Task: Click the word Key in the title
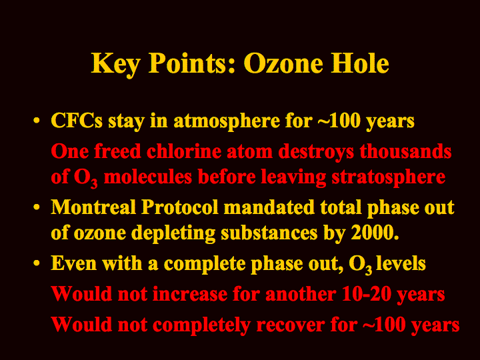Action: pyautogui.click(x=116, y=64)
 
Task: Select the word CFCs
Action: pyautogui.click(x=77, y=120)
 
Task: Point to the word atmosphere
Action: pyautogui.click(x=227, y=121)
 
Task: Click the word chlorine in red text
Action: pyautogui.click(x=184, y=151)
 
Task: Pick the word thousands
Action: pyautogui.click(x=405, y=151)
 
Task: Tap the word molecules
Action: pyautogui.click(x=148, y=177)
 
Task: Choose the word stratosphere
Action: pyautogui.click(x=389, y=177)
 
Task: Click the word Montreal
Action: pyautogui.click(x=93, y=207)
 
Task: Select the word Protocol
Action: pyautogui.click(x=180, y=207)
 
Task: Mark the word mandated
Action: pyautogui.click(x=269, y=207)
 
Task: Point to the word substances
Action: pyautogui.click(x=269, y=233)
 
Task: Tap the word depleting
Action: pyautogui.click(x=173, y=233)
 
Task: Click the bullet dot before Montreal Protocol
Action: pyautogui.click(x=37, y=207)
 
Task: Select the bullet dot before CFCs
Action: pyautogui.click(x=37, y=121)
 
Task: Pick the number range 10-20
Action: pyautogui.click(x=366, y=294)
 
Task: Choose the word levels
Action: pyautogui.click(x=401, y=263)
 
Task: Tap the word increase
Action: pyautogui.click(x=190, y=294)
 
